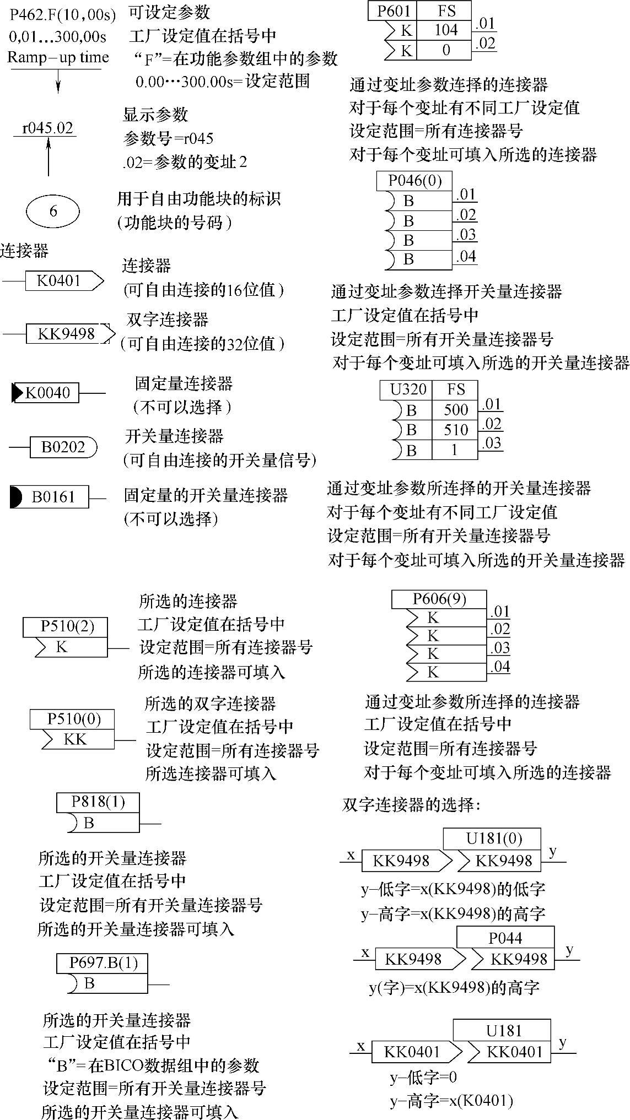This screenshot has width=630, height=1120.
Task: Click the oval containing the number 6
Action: (x=53, y=211)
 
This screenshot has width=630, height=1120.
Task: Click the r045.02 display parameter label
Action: (x=47, y=128)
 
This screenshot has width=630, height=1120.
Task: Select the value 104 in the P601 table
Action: (x=445, y=30)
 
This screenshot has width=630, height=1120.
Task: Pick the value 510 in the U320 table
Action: (x=456, y=430)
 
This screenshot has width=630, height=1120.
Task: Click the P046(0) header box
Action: (x=414, y=181)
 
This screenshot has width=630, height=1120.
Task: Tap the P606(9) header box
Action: (x=439, y=599)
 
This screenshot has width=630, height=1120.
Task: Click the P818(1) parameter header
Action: (x=98, y=802)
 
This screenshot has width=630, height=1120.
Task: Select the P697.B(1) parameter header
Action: (x=103, y=963)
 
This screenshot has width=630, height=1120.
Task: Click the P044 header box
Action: (x=505, y=938)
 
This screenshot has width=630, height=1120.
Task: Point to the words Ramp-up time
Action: (x=58, y=57)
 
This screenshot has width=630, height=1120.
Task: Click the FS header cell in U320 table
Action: (x=456, y=389)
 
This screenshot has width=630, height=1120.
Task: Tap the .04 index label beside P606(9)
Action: (x=499, y=667)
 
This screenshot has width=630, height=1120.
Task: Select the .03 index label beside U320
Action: (x=491, y=443)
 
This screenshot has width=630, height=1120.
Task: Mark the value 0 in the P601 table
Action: (x=445, y=50)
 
